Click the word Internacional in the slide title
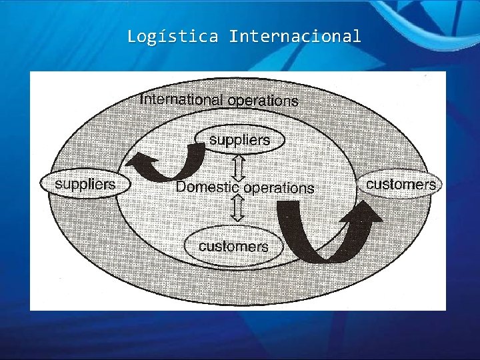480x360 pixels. pyautogui.click(x=295, y=36)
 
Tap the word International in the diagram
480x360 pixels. pyautogui.click(x=181, y=100)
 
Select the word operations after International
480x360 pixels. pyautogui.click(x=263, y=101)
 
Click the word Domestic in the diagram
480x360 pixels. pyautogui.click(x=207, y=187)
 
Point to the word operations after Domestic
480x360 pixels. pyautogui.click(x=279, y=188)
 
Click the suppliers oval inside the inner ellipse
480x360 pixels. pyautogui.click(x=240, y=140)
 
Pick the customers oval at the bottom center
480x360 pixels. pyautogui.click(x=233, y=246)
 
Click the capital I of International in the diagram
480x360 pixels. pyautogui.click(x=142, y=99)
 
